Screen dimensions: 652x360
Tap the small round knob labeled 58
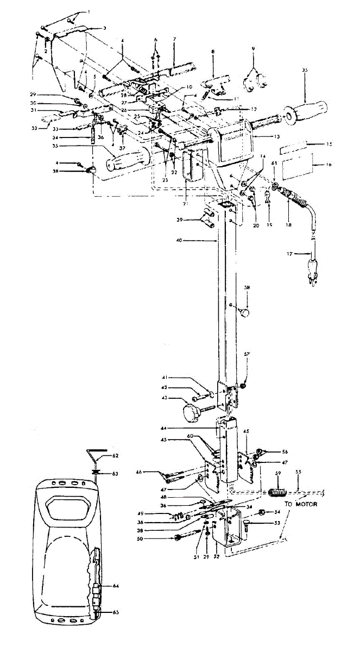(x=245, y=314)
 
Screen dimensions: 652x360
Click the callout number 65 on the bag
(x=116, y=612)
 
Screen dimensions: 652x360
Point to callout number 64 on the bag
(x=116, y=585)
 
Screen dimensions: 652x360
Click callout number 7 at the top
(x=174, y=40)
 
